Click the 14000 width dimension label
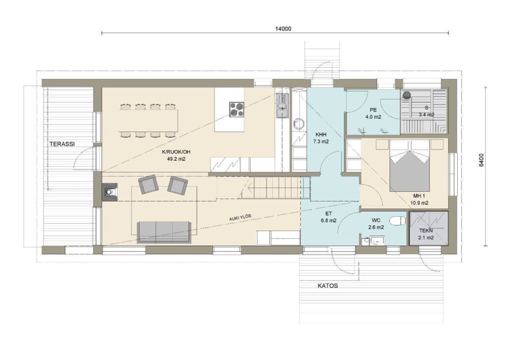point(283,29)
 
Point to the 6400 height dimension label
point(481,160)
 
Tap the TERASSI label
point(62,144)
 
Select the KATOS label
point(328,286)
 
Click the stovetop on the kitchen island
point(237,109)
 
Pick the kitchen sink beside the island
point(282,106)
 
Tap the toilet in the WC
point(398,220)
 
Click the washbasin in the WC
point(377,240)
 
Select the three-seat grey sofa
point(164,233)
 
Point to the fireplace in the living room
point(110,192)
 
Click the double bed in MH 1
point(409,166)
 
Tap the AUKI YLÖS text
point(240,217)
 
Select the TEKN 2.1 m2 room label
point(426,234)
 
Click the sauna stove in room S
point(406,95)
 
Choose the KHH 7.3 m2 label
point(321,138)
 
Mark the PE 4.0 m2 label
point(373,113)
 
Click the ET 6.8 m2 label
point(329,217)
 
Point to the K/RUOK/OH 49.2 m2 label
point(176,156)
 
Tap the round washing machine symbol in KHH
point(299,123)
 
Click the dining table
point(148,120)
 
